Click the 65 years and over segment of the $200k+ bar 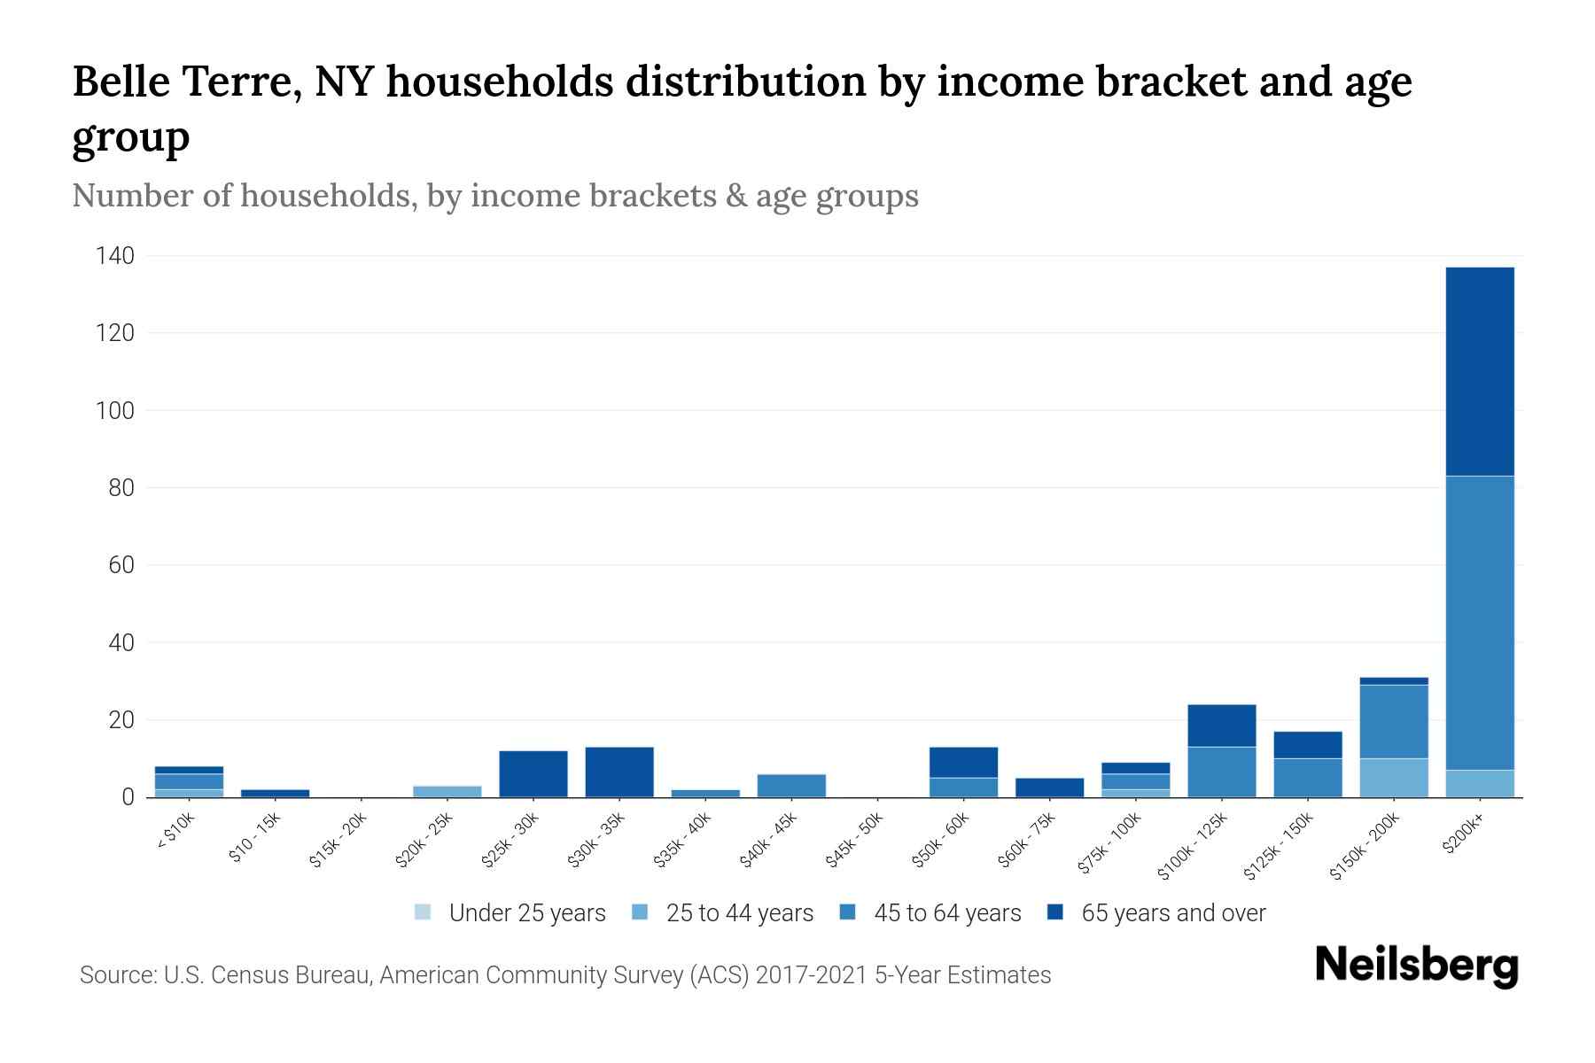(1479, 371)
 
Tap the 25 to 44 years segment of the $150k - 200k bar (1393, 778)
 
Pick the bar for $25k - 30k (533, 774)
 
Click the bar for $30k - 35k (619, 772)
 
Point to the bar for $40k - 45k (791, 786)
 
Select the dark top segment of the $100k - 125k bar (1221, 725)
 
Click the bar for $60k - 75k (1049, 788)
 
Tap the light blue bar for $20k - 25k (447, 791)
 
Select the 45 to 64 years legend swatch (848, 912)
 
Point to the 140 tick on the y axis (115, 257)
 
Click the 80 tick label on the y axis (121, 488)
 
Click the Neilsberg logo (1416, 966)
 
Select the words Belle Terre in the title (184, 82)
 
